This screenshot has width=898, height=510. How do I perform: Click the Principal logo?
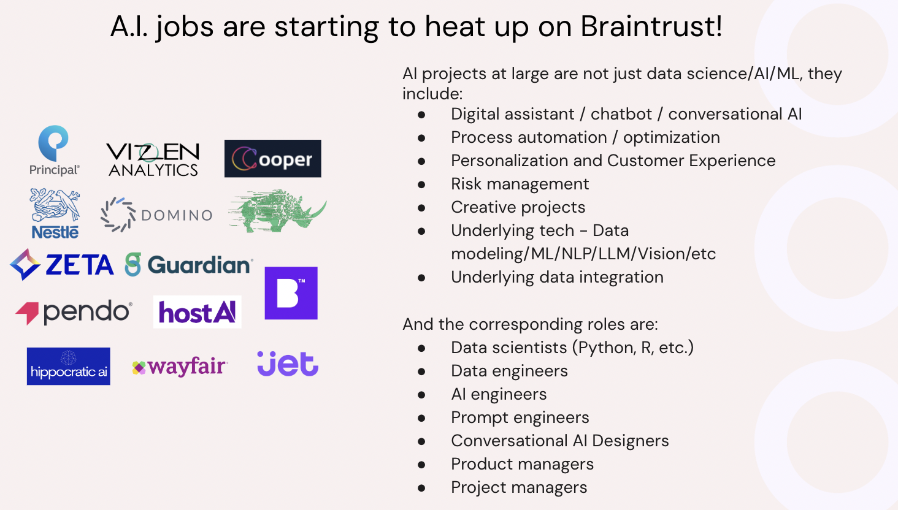click(x=54, y=150)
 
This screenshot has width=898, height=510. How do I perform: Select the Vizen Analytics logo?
click(x=153, y=160)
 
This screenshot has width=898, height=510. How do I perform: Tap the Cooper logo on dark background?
click(x=272, y=159)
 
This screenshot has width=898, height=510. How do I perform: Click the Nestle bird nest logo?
click(x=55, y=213)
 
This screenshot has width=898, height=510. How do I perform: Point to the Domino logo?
click(x=156, y=215)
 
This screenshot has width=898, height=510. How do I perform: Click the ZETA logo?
click(x=63, y=265)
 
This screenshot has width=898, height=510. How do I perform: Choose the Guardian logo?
click(x=189, y=265)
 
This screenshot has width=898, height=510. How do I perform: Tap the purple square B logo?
click(x=291, y=293)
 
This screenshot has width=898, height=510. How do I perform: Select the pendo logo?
click(x=74, y=312)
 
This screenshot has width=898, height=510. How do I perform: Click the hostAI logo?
click(x=197, y=312)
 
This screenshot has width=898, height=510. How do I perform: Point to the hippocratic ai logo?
click(x=69, y=367)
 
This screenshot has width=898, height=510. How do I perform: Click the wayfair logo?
click(x=180, y=367)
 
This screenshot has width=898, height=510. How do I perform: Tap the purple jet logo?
click(x=288, y=363)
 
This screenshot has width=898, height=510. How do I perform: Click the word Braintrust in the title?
click(x=651, y=26)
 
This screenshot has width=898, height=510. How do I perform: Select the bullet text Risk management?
click(x=520, y=184)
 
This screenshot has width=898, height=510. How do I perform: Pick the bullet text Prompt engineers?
click(x=520, y=417)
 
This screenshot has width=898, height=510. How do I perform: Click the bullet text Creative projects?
click(x=518, y=207)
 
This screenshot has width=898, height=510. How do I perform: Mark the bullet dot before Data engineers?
click(x=421, y=371)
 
